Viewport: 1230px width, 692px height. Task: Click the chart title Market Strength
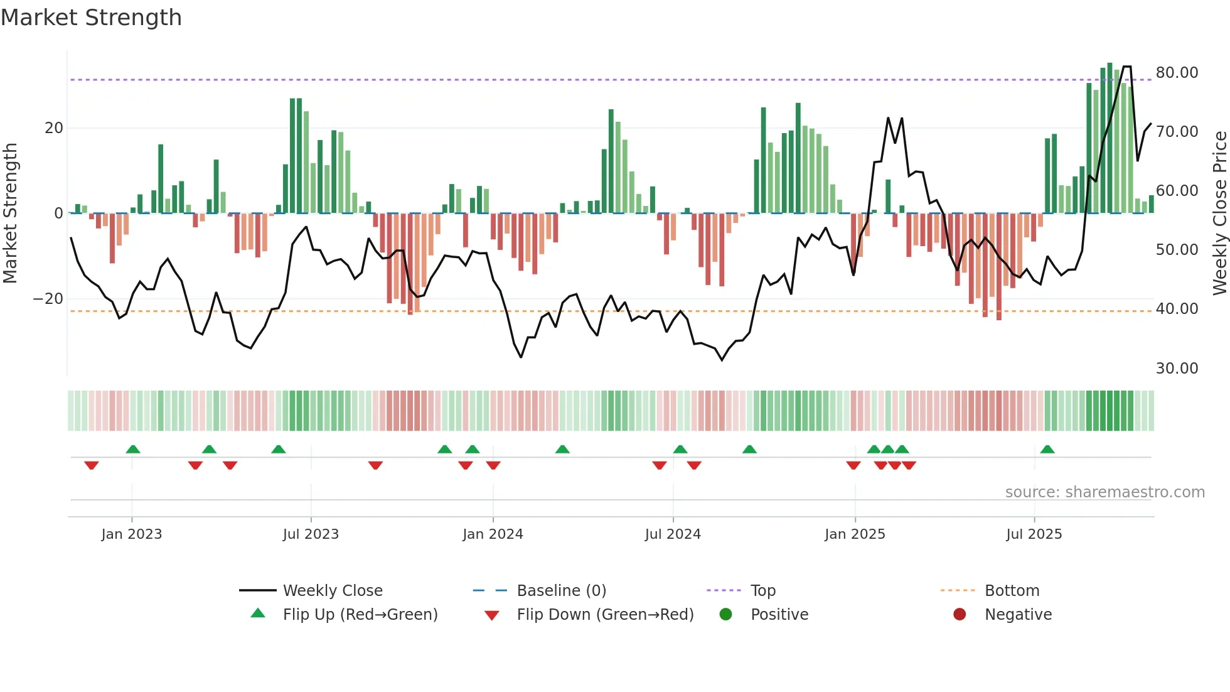[91, 18]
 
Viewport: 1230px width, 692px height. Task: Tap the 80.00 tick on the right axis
[1177, 73]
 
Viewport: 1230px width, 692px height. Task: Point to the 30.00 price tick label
[1177, 369]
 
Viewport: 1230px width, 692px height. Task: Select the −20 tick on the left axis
[48, 299]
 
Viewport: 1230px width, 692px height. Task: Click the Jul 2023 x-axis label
[311, 534]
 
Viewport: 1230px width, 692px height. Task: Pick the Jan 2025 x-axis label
[855, 534]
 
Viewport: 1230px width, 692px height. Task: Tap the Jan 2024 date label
[493, 534]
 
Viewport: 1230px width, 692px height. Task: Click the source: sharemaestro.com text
[1104, 492]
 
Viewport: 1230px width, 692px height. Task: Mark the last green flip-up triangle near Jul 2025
[1047, 449]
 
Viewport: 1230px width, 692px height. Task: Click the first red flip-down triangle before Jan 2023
[92, 465]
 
